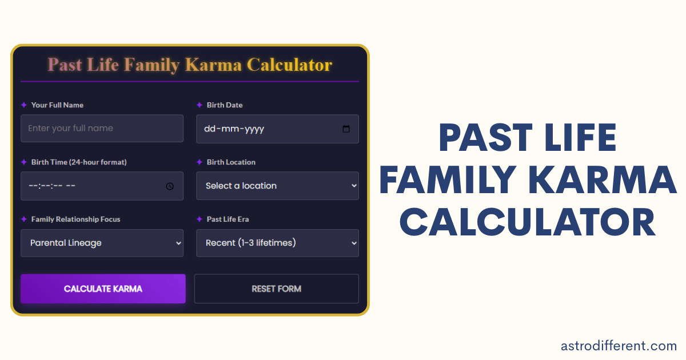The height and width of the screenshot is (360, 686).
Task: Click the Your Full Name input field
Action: (102, 129)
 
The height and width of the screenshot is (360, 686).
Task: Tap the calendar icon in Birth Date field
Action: (346, 129)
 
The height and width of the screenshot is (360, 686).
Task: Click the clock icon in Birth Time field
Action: (170, 186)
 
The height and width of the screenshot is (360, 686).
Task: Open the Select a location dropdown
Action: (277, 186)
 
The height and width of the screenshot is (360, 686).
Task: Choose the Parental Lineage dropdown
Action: (102, 243)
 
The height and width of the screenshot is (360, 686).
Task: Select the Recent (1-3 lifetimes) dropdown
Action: (277, 243)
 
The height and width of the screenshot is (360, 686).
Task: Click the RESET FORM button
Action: (276, 289)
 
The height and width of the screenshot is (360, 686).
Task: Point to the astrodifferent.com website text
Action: (619, 345)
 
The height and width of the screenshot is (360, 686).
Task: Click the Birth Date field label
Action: (225, 105)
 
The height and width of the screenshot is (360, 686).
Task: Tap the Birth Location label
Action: (231, 162)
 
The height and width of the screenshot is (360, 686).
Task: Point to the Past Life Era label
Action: (228, 219)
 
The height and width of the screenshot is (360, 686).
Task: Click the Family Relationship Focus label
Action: (75, 219)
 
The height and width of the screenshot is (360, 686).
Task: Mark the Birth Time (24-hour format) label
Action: (79, 162)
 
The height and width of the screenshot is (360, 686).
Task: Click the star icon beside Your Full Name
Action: (24, 105)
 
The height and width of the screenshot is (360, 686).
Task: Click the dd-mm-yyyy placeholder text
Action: (234, 129)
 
